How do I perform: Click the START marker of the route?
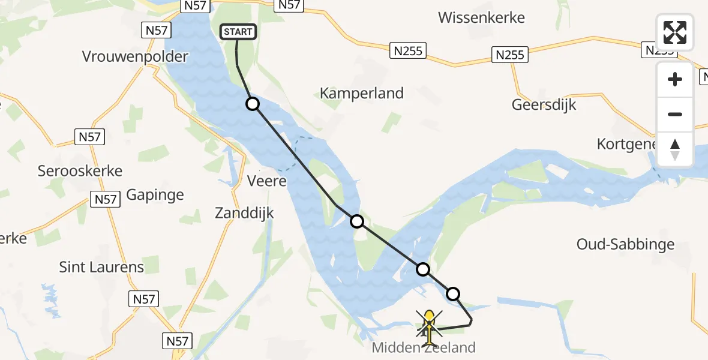click(x=239, y=32)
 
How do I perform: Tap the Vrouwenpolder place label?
click(x=135, y=57)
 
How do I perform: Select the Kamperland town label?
click(x=362, y=94)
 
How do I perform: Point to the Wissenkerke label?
click(x=481, y=17)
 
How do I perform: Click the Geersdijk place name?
click(x=544, y=104)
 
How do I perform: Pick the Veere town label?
click(x=268, y=181)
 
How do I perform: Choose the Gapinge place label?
click(x=155, y=194)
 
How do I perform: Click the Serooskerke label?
click(x=80, y=171)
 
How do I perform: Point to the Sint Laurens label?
click(x=101, y=267)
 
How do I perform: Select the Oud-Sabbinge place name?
click(x=625, y=244)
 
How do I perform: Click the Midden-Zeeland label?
click(x=424, y=347)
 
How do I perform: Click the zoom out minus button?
click(x=675, y=114)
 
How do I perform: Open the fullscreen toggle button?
click(x=675, y=32)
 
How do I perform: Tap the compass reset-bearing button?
click(x=675, y=149)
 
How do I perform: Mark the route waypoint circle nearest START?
click(x=253, y=104)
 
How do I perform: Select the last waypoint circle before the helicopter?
click(x=453, y=293)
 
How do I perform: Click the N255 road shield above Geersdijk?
click(x=510, y=55)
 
